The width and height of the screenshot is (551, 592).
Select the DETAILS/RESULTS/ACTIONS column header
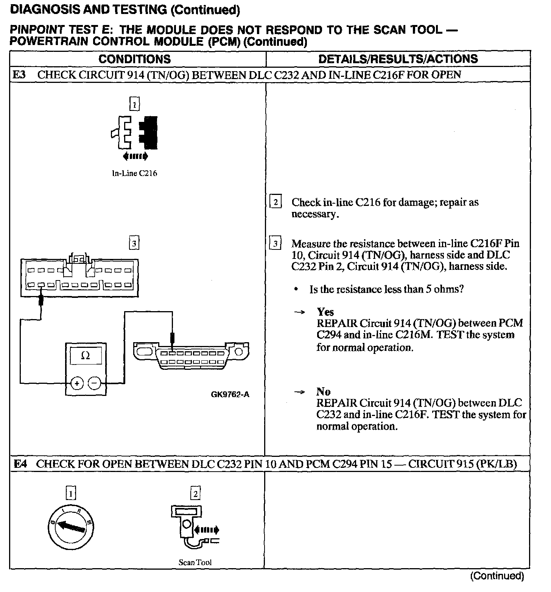coord(398,59)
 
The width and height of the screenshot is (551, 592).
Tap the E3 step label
coord(19,75)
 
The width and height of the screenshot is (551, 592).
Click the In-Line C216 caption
coord(134,174)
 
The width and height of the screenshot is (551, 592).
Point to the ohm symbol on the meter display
coord(86,356)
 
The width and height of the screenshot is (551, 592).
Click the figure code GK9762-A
coord(230,394)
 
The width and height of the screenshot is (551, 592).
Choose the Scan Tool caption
coord(195,562)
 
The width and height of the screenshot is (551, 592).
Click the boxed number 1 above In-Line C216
coord(134,104)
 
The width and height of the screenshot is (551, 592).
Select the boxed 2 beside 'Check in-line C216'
coord(275,203)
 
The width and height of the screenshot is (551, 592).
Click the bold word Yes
coord(325,312)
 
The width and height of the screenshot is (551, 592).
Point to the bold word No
coord(324,391)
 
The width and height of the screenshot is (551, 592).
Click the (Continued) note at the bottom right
coord(497,576)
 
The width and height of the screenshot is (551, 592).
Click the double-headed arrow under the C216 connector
coord(135,156)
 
